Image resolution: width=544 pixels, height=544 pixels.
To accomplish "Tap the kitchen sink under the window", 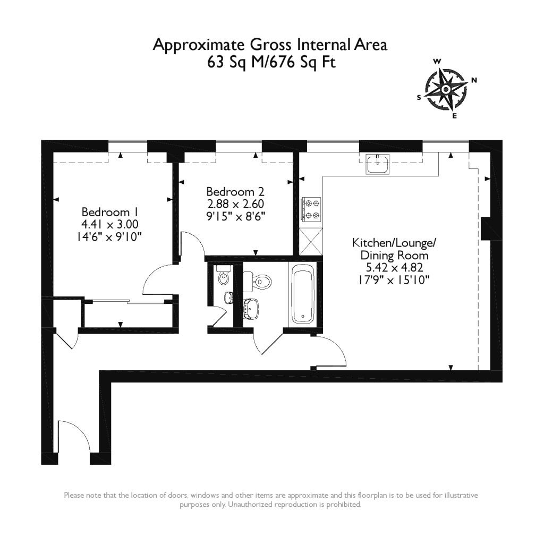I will tap(377, 164).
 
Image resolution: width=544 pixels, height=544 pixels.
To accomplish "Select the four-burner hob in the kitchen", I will tap(311, 209).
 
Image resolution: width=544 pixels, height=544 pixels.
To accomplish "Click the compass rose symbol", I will tap(445, 89).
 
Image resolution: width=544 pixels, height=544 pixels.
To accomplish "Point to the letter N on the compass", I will tap(474, 80).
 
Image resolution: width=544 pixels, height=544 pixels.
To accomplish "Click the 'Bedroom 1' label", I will tap(110, 210).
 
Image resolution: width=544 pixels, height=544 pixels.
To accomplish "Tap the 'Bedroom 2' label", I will tap(235, 191).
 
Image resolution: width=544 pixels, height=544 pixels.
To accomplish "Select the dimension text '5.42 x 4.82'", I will tap(394, 267).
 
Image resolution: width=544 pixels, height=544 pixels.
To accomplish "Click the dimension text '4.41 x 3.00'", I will tap(110, 223).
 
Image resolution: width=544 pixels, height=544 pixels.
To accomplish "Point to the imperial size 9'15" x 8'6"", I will tap(235, 216).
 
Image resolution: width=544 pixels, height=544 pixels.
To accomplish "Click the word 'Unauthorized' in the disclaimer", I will tap(250, 504).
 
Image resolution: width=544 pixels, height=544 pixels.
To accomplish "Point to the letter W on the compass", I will tap(437, 61).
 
